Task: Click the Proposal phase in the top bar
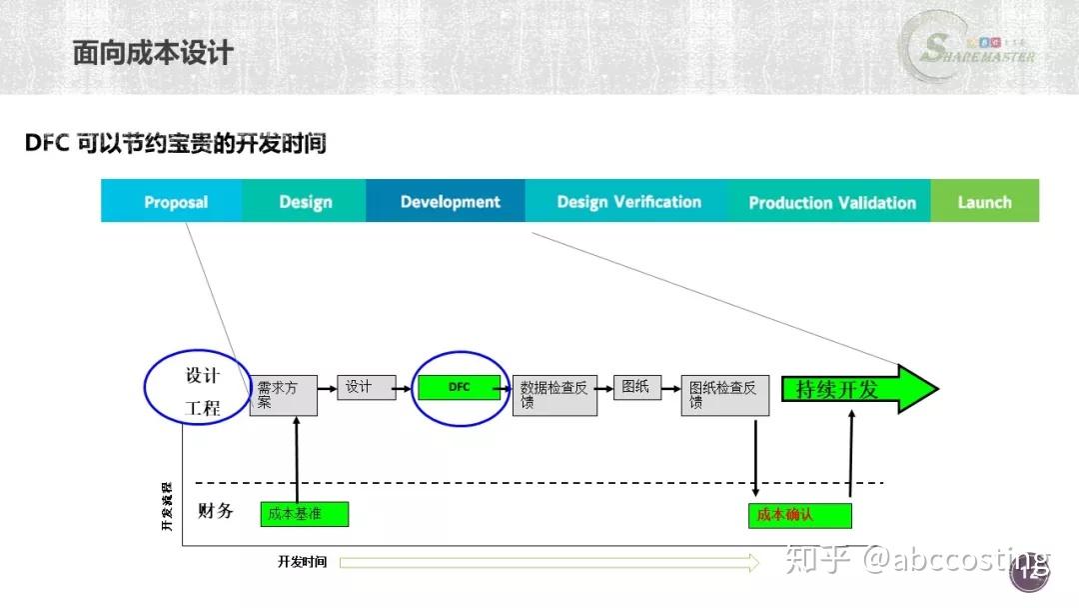point(175,201)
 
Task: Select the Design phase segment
point(305,201)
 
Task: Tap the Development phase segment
point(450,201)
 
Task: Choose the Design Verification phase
point(628,201)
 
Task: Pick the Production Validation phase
point(831,201)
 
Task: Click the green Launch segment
point(984,201)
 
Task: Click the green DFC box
point(459,387)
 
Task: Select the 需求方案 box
point(283,395)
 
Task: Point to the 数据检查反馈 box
point(554,395)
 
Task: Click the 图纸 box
point(636,386)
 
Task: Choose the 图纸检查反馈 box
point(724,395)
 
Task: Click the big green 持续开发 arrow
point(857,389)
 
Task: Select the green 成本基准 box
point(304,514)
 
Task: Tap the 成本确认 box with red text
point(799,515)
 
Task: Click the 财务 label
point(215,511)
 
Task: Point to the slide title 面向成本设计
point(153,52)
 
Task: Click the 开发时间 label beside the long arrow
point(302,562)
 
